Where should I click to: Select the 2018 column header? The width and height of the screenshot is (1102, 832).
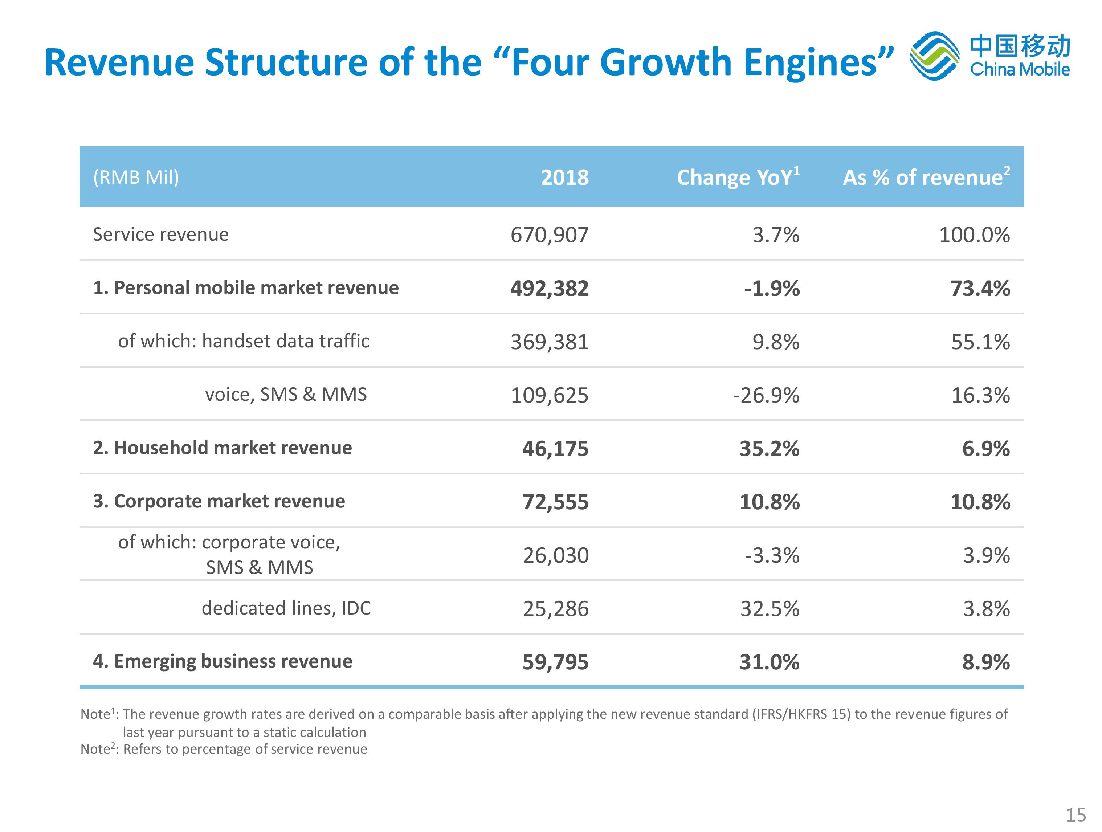(564, 178)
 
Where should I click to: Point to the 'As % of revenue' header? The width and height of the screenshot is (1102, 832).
(926, 178)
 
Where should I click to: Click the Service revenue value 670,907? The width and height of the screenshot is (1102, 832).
(550, 234)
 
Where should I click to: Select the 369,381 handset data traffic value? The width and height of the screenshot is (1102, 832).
(550, 342)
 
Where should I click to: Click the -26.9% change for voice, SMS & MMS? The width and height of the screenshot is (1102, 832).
(766, 395)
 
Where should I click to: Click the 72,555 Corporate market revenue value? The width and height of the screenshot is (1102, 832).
(555, 502)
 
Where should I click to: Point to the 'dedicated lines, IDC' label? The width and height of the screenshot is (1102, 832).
(286, 608)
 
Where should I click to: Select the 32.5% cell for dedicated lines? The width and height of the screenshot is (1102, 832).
(770, 608)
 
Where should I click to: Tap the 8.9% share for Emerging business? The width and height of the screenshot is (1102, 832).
(986, 662)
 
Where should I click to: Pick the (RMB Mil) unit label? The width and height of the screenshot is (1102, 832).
(136, 178)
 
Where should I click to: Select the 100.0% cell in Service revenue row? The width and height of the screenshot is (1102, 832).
(975, 234)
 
